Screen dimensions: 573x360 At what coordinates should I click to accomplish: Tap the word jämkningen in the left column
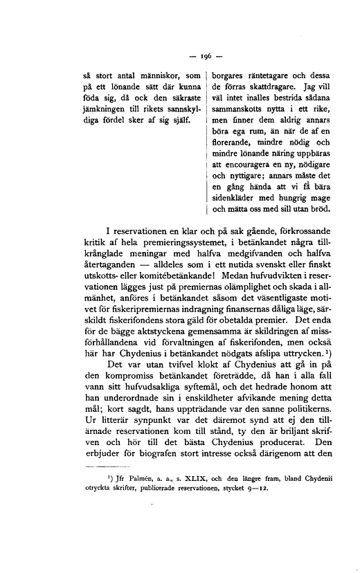(100, 109)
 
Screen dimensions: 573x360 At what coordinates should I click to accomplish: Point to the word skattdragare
(267, 87)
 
